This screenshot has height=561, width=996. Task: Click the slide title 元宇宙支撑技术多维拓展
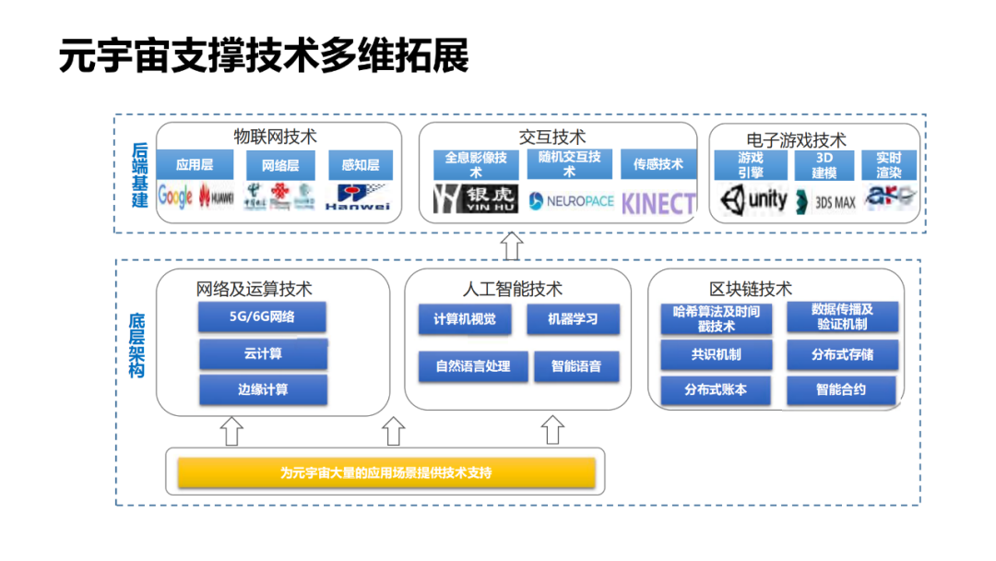(x=264, y=56)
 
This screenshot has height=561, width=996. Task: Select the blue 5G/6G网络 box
(x=263, y=317)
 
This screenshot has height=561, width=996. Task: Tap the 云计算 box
(x=263, y=353)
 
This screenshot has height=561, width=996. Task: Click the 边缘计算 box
(x=263, y=389)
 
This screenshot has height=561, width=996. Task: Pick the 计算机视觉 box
(x=464, y=319)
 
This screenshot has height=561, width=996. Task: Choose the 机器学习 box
(x=572, y=319)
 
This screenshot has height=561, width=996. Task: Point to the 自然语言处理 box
(x=472, y=366)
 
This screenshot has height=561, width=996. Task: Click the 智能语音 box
(x=576, y=366)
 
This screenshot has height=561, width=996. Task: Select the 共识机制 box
(x=716, y=354)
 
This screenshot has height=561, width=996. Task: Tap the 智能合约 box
(x=841, y=389)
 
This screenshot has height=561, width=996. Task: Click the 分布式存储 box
(x=842, y=354)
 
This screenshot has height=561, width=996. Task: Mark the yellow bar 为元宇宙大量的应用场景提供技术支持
(x=386, y=473)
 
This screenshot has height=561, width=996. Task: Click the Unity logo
(x=753, y=198)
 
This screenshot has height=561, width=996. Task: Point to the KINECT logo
(x=658, y=203)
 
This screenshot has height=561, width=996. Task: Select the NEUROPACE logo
(x=571, y=200)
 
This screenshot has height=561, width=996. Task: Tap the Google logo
(x=175, y=196)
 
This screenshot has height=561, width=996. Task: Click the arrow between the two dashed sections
(x=512, y=246)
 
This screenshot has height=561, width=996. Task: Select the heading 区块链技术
(x=750, y=289)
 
